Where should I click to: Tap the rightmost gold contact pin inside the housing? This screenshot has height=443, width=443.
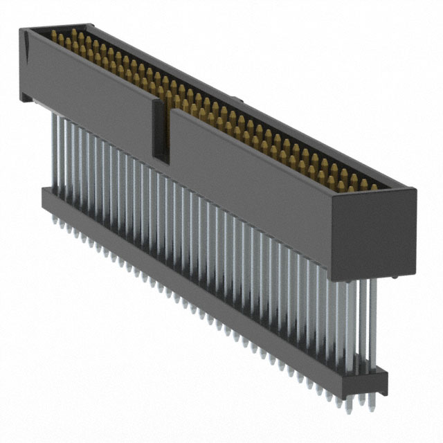coord(374,186)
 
